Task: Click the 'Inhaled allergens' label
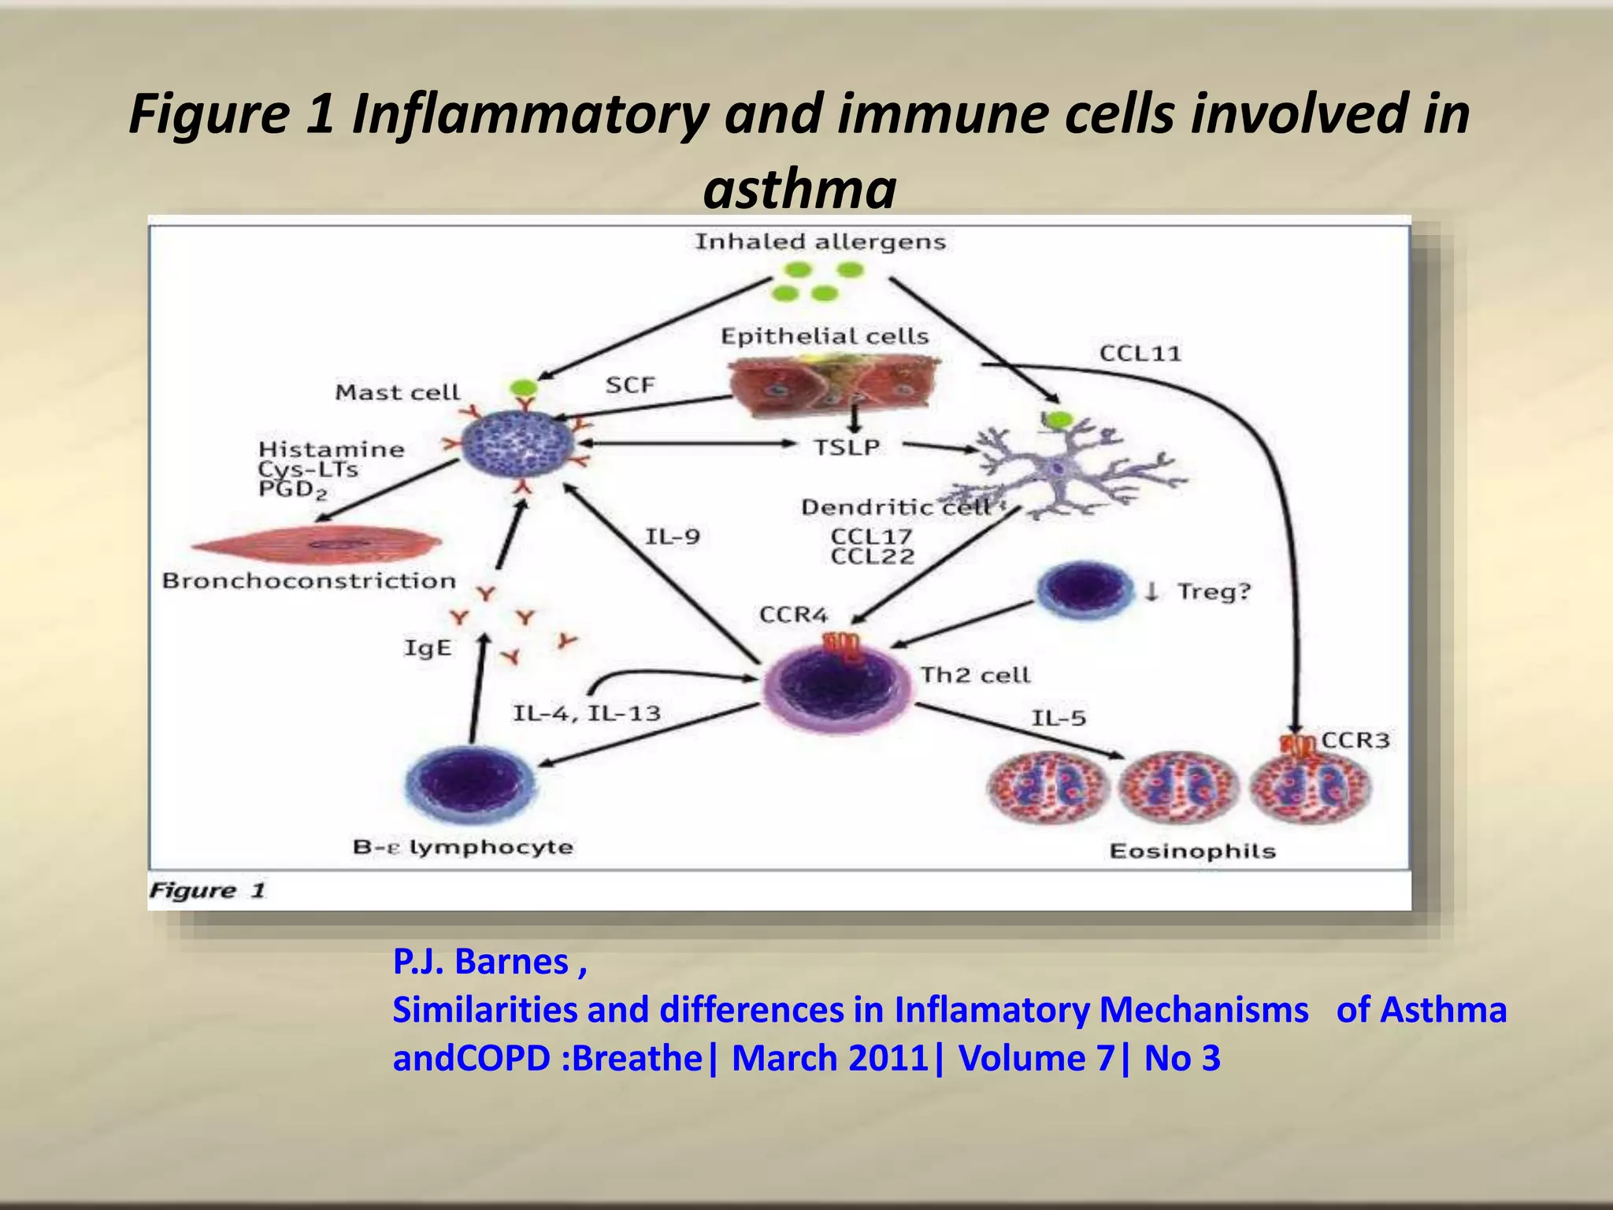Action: (x=820, y=242)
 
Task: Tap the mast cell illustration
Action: (x=517, y=447)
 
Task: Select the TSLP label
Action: (x=847, y=447)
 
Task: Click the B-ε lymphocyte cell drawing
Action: (x=469, y=783)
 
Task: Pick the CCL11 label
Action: (x=1140, y=354)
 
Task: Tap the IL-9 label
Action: (x=672, y=537)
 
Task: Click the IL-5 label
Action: (x=1059, y=718)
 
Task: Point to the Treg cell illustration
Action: (x=1084, y=589)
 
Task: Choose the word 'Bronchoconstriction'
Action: (x=309, y=581)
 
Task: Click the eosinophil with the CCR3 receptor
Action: (x=1311, y=785)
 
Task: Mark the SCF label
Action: (x=630, y=385)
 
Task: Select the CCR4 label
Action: (x=793, y=614)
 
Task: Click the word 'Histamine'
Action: (x=331, y=450)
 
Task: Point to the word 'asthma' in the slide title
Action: (x=799, y=190)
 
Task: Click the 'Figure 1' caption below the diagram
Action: (x=207, y=891)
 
